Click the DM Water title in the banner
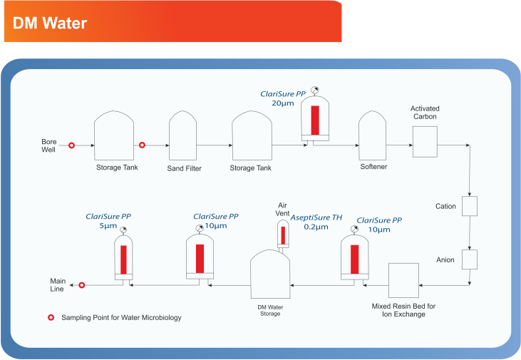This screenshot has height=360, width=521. [x=50, y=24]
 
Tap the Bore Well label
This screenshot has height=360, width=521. [x=49, y=145]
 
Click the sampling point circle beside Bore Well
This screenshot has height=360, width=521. [x=71, y=145]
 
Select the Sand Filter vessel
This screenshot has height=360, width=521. [x=182, y=135]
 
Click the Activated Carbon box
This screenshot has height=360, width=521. [x=425, y=142]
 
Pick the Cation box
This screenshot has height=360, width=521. [x=470, y=206]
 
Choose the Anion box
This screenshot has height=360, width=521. [x=470, y=259]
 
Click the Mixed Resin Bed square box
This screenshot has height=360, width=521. [x=403, y=281]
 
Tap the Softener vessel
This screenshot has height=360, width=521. [x=373, y=135]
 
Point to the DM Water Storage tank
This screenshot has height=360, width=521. [x=270, y=274]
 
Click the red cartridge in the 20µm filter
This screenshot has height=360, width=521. [x=315, y=120]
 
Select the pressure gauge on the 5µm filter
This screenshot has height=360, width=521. [x=123, y=230]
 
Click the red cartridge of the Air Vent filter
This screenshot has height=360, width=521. [x=283, y=235]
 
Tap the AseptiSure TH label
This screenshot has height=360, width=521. [x=316, y=217]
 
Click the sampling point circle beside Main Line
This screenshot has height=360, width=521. [x=82, y=285]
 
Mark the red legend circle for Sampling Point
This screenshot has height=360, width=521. [x=51, y=317]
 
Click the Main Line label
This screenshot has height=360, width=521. [x=58, y=285]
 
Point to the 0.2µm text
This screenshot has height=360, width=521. [x=316, y=227]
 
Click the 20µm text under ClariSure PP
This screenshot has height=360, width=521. [x=283, y=103]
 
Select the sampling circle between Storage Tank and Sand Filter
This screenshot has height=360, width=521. [x=142, y=145]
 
